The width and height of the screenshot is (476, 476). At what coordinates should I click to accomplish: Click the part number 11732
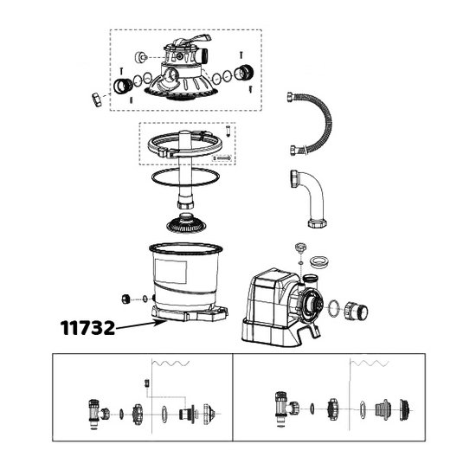pyautogui.click(x=87, y=328)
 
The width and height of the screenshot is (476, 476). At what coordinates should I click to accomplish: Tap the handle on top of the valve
pyautogui.click(x=193, y=41)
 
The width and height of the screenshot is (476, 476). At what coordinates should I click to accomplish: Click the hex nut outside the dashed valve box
pyautogui.click(x=97, y=100)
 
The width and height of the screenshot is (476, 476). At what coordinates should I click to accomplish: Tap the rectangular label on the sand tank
pyautogui.click(x=170, y=272)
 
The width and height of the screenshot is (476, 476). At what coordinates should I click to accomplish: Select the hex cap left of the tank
pyautogui.click(x=125, y=299)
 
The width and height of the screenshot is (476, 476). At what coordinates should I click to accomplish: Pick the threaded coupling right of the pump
pyautogui.click(x=356, y=311)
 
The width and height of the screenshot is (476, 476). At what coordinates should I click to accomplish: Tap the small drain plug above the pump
pyautogui.click(x=299, y=248)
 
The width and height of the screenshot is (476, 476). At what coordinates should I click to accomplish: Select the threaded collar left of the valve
pyautogui.click(x=123, y=86)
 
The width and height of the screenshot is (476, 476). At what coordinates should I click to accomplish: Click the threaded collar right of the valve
pyautogui.click(x=244, y=74)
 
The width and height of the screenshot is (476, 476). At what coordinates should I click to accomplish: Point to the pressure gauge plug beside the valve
pyautogui.click(x=141, y=57)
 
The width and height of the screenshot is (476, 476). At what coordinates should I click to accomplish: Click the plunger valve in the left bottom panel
pyautogui.click(x=98, y=414)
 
